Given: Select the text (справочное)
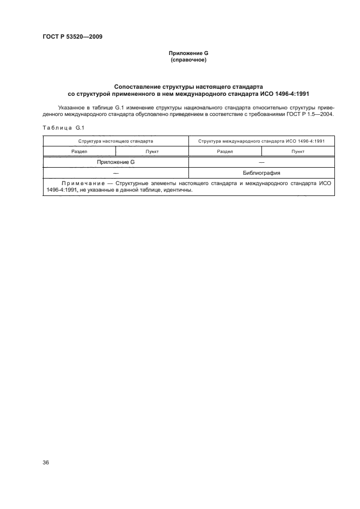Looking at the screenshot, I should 188,60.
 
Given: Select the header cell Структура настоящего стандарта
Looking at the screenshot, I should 115,140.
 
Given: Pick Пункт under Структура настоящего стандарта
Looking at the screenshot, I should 152,151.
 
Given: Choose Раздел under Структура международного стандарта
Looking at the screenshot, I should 225,151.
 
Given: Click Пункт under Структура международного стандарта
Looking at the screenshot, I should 298,151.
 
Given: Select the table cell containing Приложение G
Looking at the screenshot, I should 115,162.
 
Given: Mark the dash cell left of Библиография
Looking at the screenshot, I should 115,173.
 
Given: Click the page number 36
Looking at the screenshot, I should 46,463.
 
